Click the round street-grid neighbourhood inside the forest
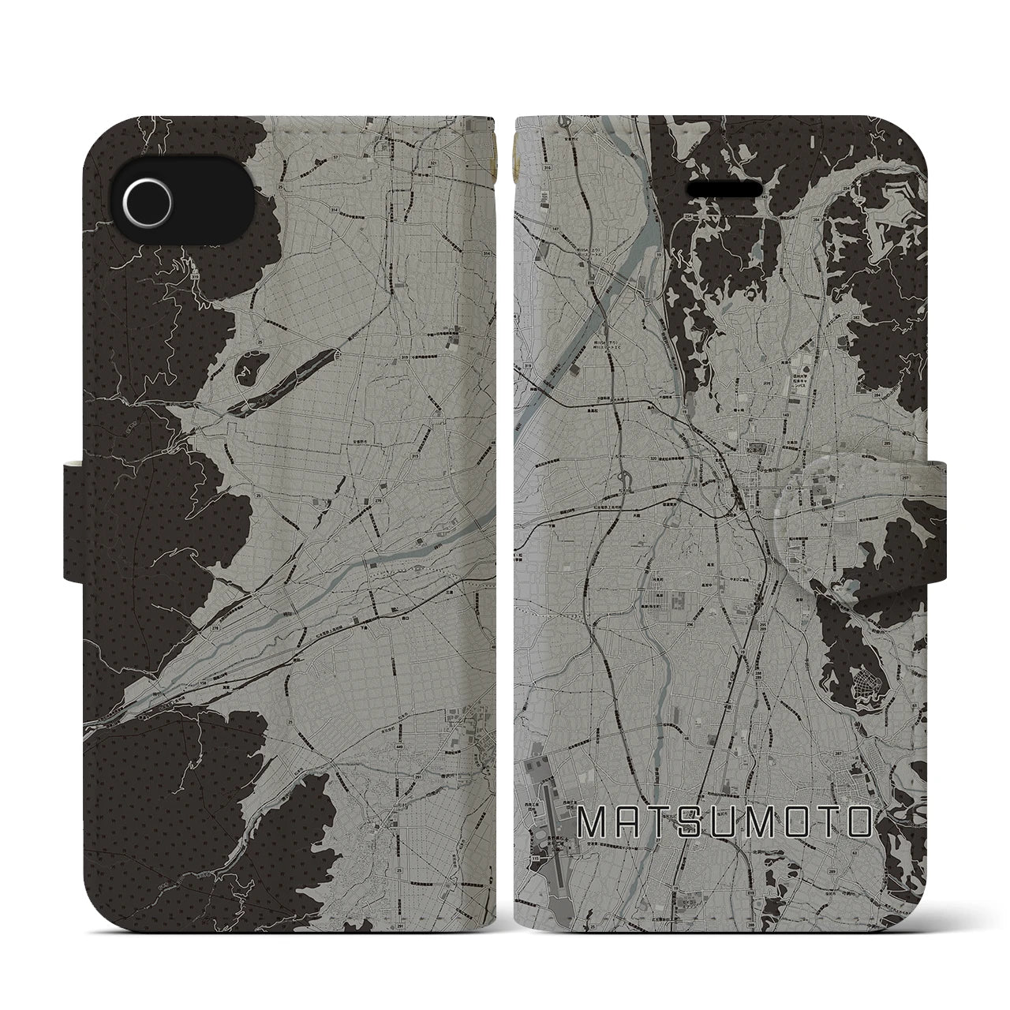[x=873, y=680]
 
